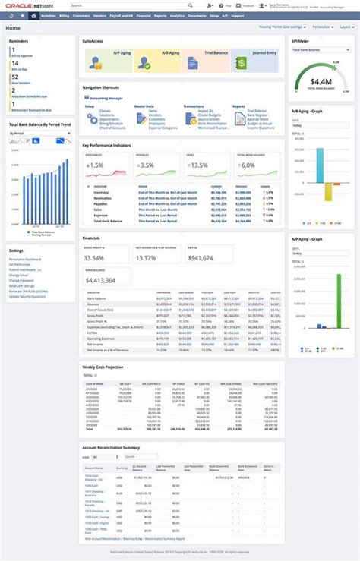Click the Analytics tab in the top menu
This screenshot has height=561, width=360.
click(x=177, y=15)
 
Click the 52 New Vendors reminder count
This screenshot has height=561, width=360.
click(x=15, y=77)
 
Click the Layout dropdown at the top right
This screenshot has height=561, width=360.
click(x=346, y=26)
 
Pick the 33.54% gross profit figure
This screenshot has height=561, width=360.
click(x=94, y=258)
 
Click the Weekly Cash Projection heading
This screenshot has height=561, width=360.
click(x=103, y=366)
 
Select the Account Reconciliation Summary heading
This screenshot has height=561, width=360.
click(x=110, y=447)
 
